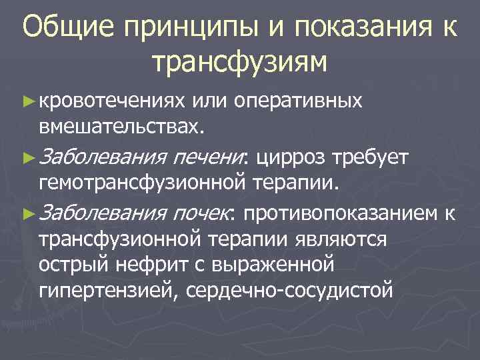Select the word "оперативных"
[297, 101]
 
